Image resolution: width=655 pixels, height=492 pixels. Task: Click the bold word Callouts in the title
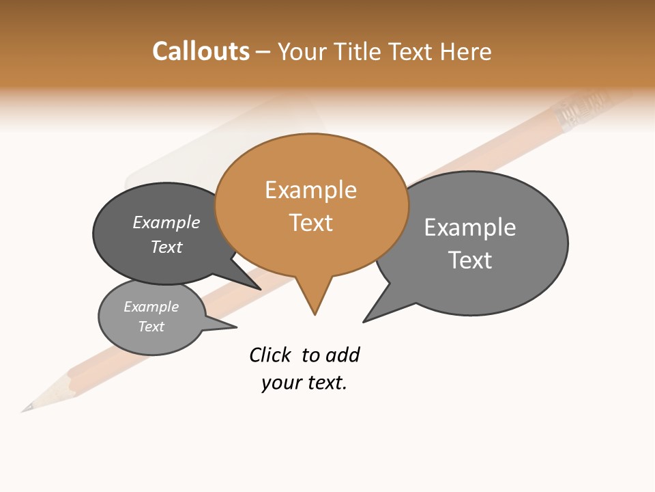point(201,51)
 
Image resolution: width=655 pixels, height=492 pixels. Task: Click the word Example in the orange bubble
point(310,190)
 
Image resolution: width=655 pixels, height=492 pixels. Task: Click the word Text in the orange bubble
point(310,223)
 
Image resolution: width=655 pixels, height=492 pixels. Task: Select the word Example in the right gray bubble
point(470,227)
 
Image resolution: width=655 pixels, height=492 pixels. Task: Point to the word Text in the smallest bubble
point(151,327)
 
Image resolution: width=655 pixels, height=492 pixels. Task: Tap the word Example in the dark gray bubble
point(166,222)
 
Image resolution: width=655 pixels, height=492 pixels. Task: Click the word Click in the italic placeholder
point(270,355)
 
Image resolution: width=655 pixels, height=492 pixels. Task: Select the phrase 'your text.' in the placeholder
point(304,383)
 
